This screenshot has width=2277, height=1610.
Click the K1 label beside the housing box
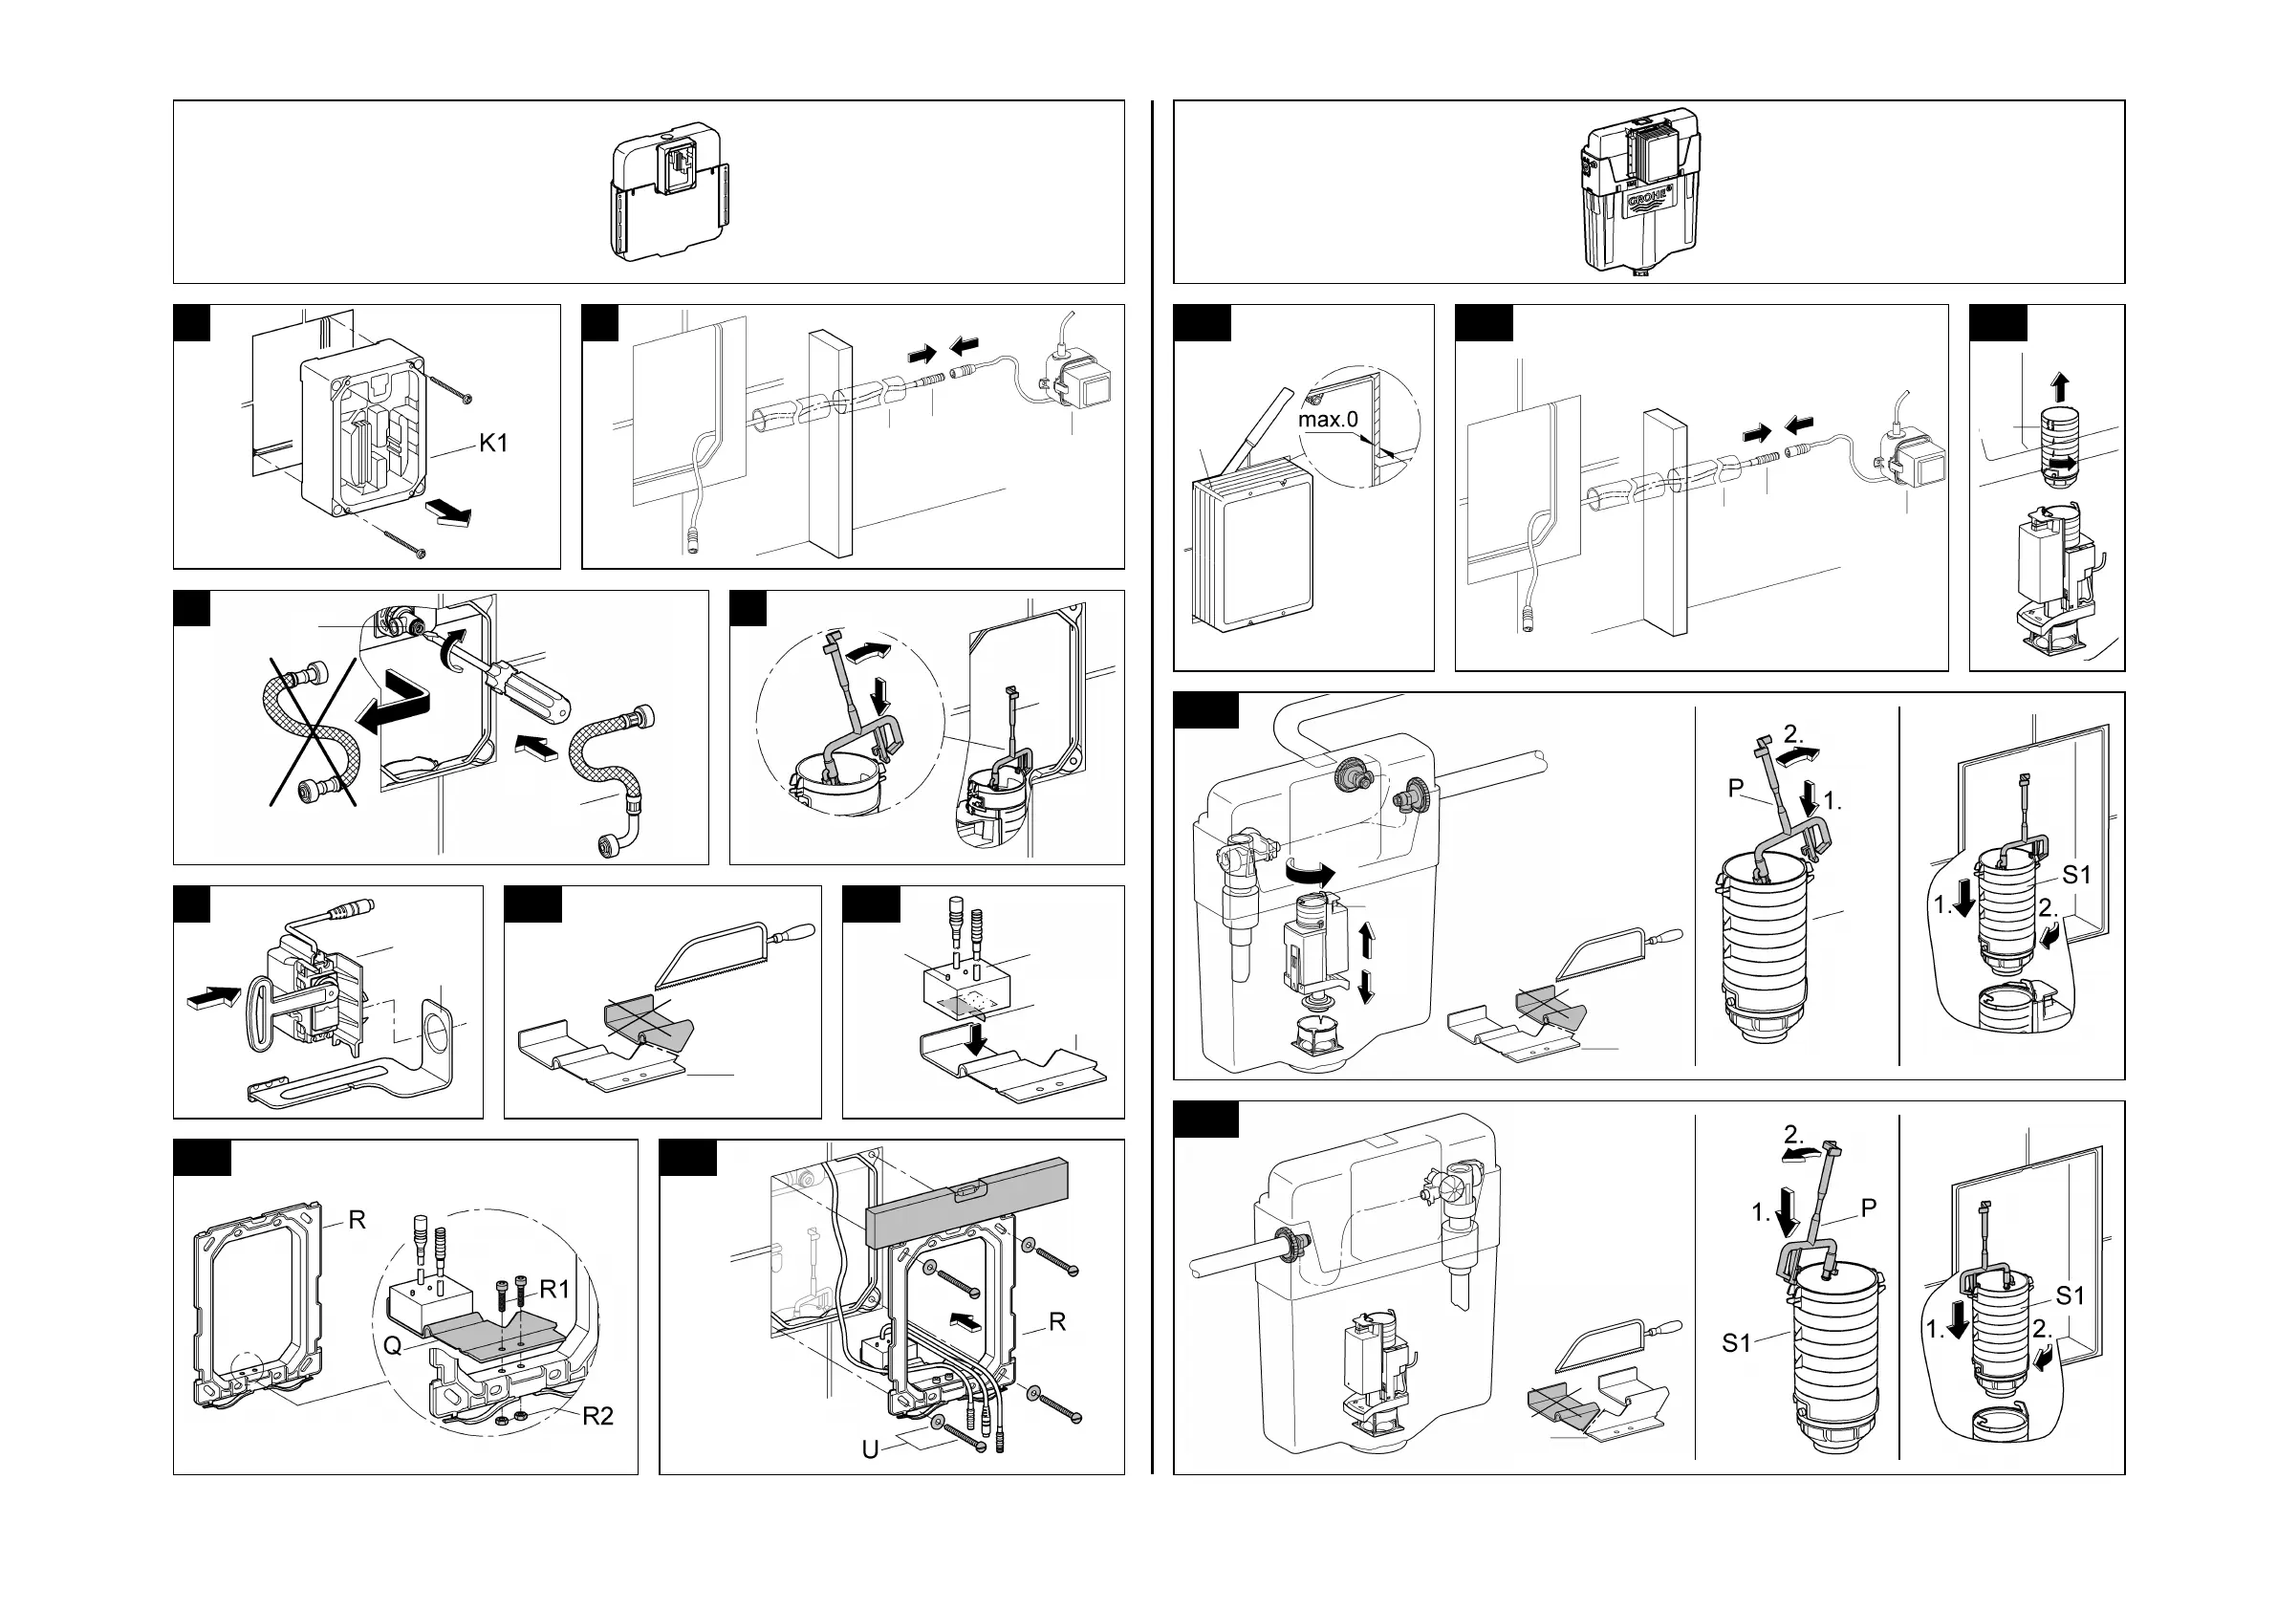coord(493,443)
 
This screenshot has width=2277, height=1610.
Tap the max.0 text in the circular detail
coord(1328,420)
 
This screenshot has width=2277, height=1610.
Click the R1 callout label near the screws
coord(554,1289)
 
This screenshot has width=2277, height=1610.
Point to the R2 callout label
coord(597,1416)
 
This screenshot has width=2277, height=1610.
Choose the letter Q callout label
coord(393,1346)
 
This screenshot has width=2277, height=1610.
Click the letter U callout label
coord(870,1449)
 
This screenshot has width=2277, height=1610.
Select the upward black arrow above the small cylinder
coord(2060,387)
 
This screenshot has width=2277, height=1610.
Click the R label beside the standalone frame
coord(357,1220)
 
